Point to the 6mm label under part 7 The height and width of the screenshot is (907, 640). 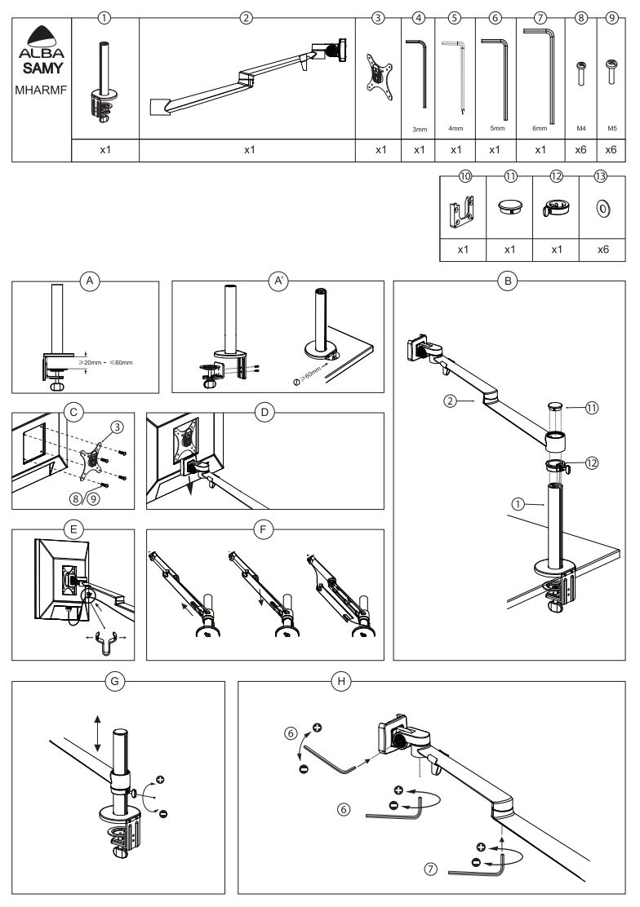coord(540,129)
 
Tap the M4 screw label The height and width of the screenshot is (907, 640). coord(580,129)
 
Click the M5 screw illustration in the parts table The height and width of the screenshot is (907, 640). coord(611,72)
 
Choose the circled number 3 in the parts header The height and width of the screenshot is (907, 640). coord(378,16)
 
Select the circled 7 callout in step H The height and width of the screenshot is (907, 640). coord(430,871)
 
